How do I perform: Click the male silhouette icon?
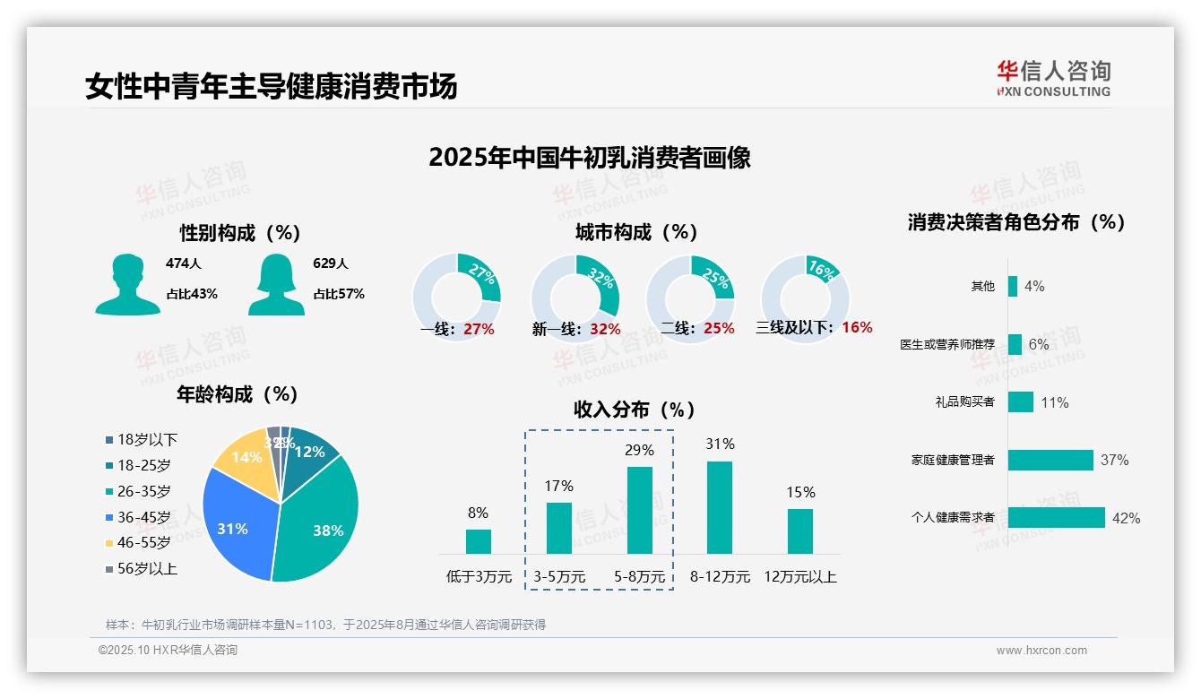point(127,285)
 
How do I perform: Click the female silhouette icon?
point(276,285)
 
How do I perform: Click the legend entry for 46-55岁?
point(143,542)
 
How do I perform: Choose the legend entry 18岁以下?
point(147,439)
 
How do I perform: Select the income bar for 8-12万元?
point(720,507)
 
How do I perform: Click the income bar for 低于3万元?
point(478,541)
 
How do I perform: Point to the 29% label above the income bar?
point(639,450)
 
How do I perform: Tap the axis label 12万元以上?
point(799,577)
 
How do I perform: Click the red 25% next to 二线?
point(719,329)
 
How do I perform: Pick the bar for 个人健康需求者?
point(1057,518)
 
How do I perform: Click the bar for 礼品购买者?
point(1020,402)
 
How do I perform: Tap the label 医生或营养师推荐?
point(947,344)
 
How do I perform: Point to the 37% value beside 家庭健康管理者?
point(1114,461)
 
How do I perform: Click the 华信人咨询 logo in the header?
point(1053,78)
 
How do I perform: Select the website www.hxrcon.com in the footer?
point(1041,651)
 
